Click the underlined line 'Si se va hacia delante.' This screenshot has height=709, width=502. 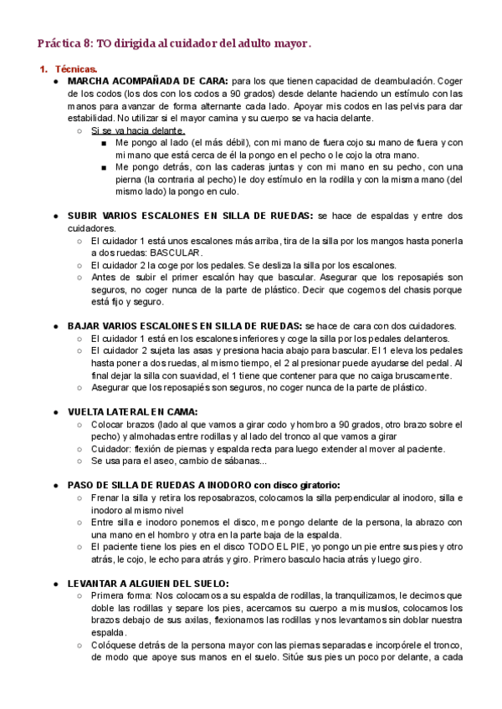click(137, 131)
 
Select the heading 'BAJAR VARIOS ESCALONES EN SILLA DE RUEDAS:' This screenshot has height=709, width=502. click(185, 325)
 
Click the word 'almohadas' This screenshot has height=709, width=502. click(137, 436)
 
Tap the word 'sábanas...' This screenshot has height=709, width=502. click(239, 461)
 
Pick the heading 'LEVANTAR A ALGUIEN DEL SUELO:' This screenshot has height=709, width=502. click(148, 583)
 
